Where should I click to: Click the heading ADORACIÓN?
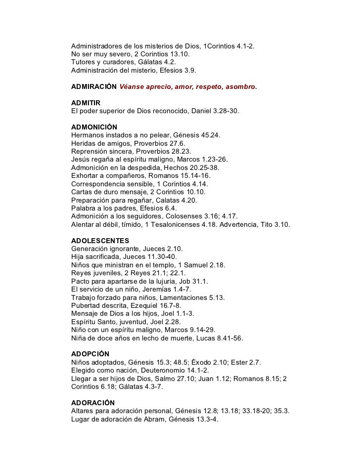coord(93,403)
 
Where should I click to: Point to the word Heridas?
coord(84,143)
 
